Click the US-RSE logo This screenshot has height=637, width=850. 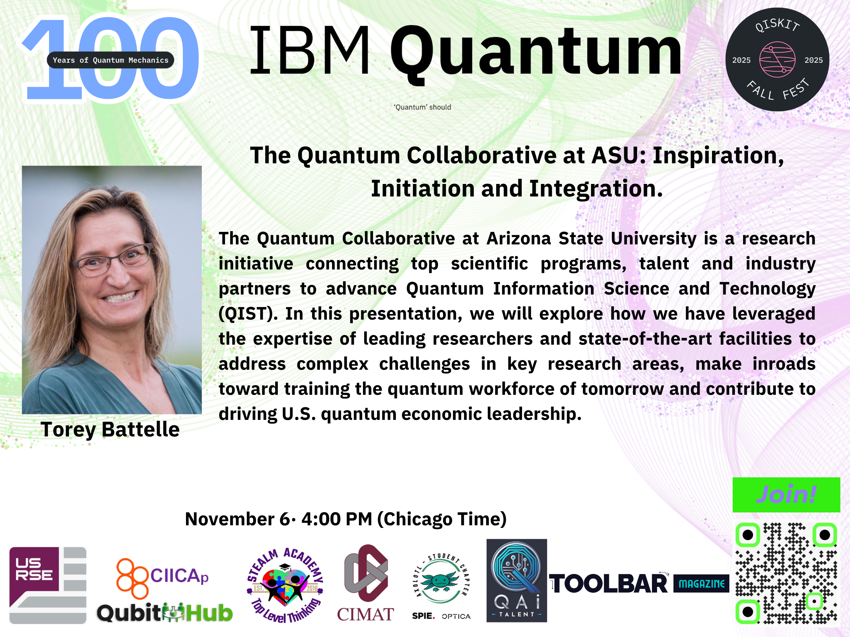pyautogui.click(x=48, y=585)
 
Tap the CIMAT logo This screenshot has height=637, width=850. pyautogui.click(x=366, y=583)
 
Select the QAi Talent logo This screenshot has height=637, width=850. pyautogui.click(x=516, y=580)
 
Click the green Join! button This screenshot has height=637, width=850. pyautogui.click(x=786, y=495)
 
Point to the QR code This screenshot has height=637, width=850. pyautogui.click(x=786, y=573)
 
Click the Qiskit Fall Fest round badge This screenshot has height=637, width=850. pyautogui.click(x=777, y=59)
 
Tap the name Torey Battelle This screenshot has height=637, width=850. pyautogui.click(x=110, y=429)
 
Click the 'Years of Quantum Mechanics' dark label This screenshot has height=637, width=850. pyautogui.click(x=110, y=60)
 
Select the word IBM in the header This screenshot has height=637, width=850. pyautogui.click(x=310, y=50)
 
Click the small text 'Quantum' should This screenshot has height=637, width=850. pyautogui.click(x=422, y=107)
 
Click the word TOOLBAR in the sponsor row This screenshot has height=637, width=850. pyautogui.click(x=609, y=584)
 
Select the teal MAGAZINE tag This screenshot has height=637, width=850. pyautogui.click(x=701, y=584)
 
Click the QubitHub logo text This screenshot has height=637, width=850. pyautogui.click(x=165, y=612)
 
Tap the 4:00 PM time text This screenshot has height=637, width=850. pyautogui.click(x=336, y=519)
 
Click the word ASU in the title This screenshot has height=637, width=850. pyautogui.click(x=619, y=156)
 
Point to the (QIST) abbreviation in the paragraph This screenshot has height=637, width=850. pyautogui.click(x=248, y=314)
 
